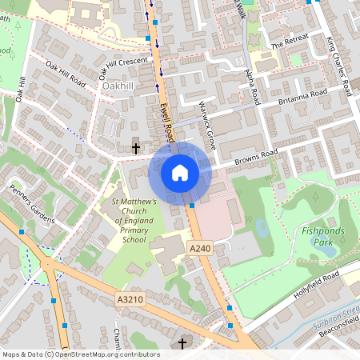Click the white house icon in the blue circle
(x=180, y=172)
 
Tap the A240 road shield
(x=200, y=250)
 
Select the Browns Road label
(x=255, y=158)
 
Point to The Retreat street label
(x=289, y=44)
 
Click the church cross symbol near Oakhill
(x=135, y=148)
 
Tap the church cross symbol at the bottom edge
(x=182, y=344)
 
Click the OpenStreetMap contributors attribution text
(x=81, y=354)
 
